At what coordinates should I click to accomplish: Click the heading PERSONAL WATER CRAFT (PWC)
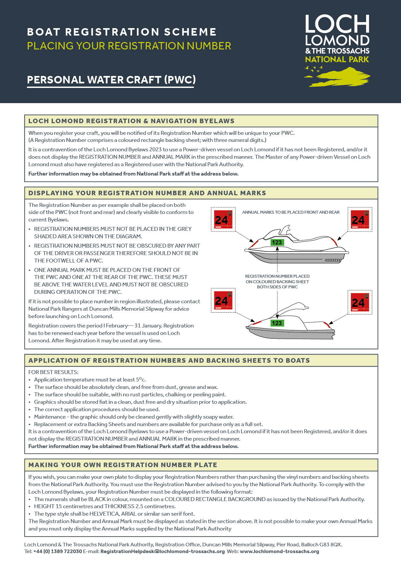[x=111, y=80]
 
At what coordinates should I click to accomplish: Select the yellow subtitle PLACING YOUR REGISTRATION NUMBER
[x=129, y=46]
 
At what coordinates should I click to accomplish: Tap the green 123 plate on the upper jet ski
[x=277, y=242]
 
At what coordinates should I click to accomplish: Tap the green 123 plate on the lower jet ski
[x=277, y=323]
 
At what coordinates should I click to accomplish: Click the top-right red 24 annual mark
[x=360, y=219]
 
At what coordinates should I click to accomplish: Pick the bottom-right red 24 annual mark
[x=360, y=302]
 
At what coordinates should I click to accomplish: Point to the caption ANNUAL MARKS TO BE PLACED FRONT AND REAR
[x=291, y=212]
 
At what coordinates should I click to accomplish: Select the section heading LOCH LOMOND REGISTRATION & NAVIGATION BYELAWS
[x=131, y=121]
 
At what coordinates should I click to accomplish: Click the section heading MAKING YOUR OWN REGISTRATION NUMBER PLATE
[x=123, y=465]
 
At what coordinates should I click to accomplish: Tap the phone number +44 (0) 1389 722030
[x=58, y=551]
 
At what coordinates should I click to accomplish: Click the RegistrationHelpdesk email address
[x=162, y=551]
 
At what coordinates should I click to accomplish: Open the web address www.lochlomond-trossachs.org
[x=279, y=551]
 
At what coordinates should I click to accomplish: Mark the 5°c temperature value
[x=141, y=380]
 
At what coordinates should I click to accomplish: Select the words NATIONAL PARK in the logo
[x=337, y=59]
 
